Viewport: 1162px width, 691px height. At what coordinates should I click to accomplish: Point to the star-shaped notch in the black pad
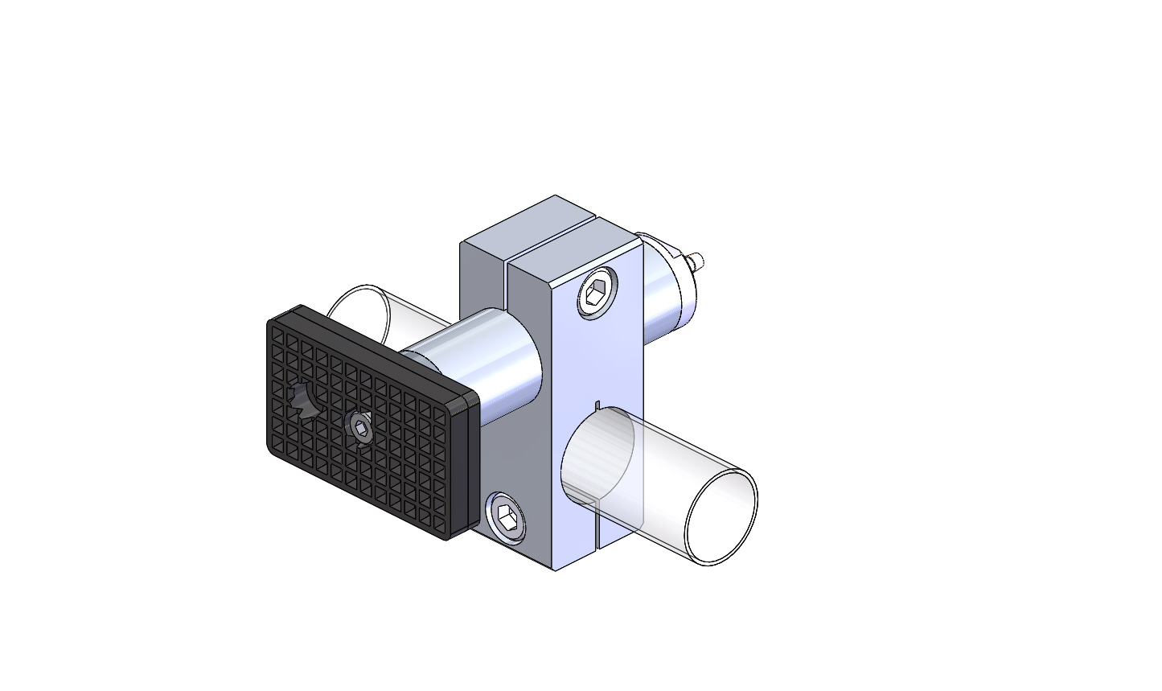[305, 400]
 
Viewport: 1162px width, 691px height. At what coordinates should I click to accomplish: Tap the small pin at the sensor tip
[698, 261]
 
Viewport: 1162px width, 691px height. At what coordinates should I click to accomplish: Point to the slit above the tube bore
[597, 403]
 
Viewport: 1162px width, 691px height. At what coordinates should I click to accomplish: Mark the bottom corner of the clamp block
[554, 568]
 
